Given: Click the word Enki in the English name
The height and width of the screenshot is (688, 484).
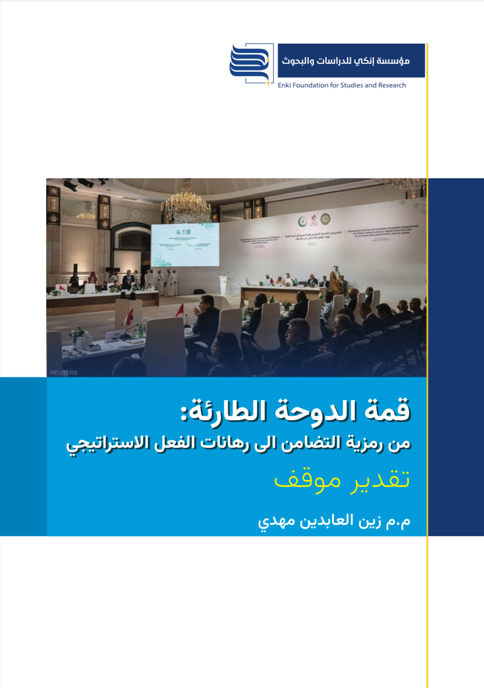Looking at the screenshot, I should pos(284,85).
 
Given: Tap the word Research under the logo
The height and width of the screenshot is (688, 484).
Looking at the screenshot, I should pos(392,85).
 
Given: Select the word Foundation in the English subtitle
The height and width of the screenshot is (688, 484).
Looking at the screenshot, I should pos(310,85).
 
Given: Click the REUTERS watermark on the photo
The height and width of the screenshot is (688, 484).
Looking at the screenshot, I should pos(64,372).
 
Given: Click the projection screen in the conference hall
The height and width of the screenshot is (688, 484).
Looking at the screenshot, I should pos(185,244).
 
